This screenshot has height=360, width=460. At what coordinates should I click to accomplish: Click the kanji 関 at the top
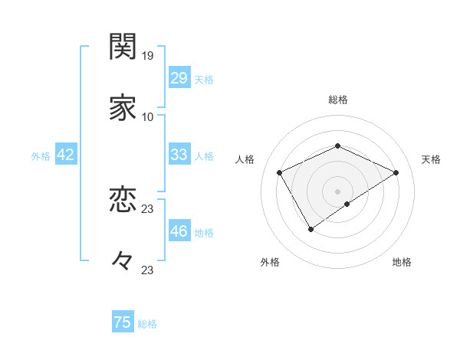[x=123, y=47]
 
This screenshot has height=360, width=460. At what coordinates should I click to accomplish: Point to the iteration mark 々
[x=123, y=261]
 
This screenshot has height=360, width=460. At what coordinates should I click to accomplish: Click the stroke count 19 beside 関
[x=148, y=55]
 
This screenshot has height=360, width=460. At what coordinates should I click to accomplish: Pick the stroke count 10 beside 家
[x=148, y=116]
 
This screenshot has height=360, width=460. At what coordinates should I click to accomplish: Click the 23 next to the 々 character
[x=148, y=270]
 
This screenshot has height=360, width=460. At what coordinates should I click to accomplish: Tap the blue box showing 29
[x=179, y=78]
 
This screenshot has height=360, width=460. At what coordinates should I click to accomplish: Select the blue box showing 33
[x=179, y=155]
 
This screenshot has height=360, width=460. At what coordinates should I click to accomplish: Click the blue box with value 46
[x=179, y=231]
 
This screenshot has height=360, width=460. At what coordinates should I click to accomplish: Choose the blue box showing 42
[x=66, y=155]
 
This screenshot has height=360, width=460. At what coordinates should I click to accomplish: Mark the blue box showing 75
[x=123, y=322]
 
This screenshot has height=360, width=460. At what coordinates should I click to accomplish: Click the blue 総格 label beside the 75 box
[x=147, y=324]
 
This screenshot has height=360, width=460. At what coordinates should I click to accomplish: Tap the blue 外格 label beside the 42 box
[x=41, y=156]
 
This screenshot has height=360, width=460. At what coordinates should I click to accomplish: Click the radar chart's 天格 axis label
[x=431, y=159]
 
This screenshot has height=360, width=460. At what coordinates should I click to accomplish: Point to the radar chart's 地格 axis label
[x=402, y=262]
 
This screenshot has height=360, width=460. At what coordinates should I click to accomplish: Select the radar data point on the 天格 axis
[x=396, y=172]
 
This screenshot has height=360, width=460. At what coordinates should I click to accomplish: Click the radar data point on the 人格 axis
[x=280, y=172]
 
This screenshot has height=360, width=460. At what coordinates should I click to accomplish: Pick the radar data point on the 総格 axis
[x=337, y=146]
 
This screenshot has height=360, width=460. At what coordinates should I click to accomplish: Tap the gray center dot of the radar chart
[x=337, y=191]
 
